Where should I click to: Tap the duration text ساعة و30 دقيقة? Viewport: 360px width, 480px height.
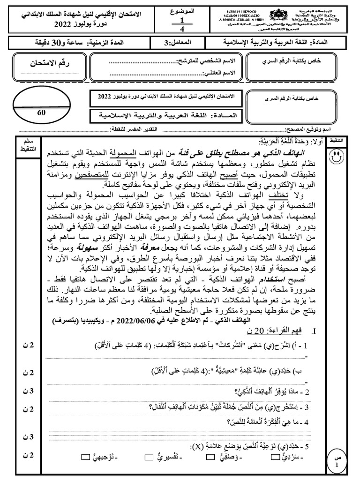pyautogui.click(x=40, y=43)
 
